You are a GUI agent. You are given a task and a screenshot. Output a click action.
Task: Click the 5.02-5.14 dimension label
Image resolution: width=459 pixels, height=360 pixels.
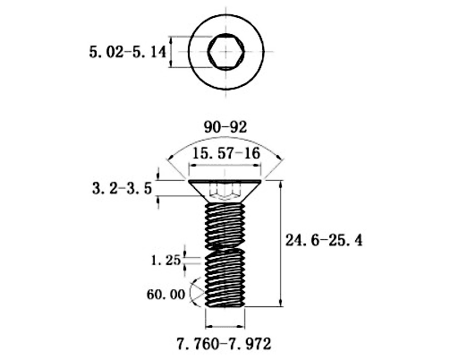(127, 52)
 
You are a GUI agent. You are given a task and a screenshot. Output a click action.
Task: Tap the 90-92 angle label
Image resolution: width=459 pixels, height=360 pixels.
(225, 127)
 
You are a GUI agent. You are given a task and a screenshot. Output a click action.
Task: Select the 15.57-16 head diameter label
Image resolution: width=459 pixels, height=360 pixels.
(225, 153)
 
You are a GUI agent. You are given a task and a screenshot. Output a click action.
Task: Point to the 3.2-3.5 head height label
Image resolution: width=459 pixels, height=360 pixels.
(122, 189)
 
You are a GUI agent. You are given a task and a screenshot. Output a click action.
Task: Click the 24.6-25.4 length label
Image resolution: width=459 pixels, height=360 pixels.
(324, 240)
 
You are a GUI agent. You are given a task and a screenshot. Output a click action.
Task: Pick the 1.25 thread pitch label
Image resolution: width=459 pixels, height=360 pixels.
(166, 261)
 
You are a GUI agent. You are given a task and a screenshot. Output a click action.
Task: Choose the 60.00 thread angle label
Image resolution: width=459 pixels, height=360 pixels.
(166, 295)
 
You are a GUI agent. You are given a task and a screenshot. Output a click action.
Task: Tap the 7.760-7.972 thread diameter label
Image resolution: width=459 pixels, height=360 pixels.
(224, 344)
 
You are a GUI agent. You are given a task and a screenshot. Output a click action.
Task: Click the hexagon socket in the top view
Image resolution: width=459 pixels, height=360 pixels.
(225, 52)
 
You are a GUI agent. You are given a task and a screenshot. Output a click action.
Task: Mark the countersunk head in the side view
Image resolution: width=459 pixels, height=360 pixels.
(225, 191)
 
